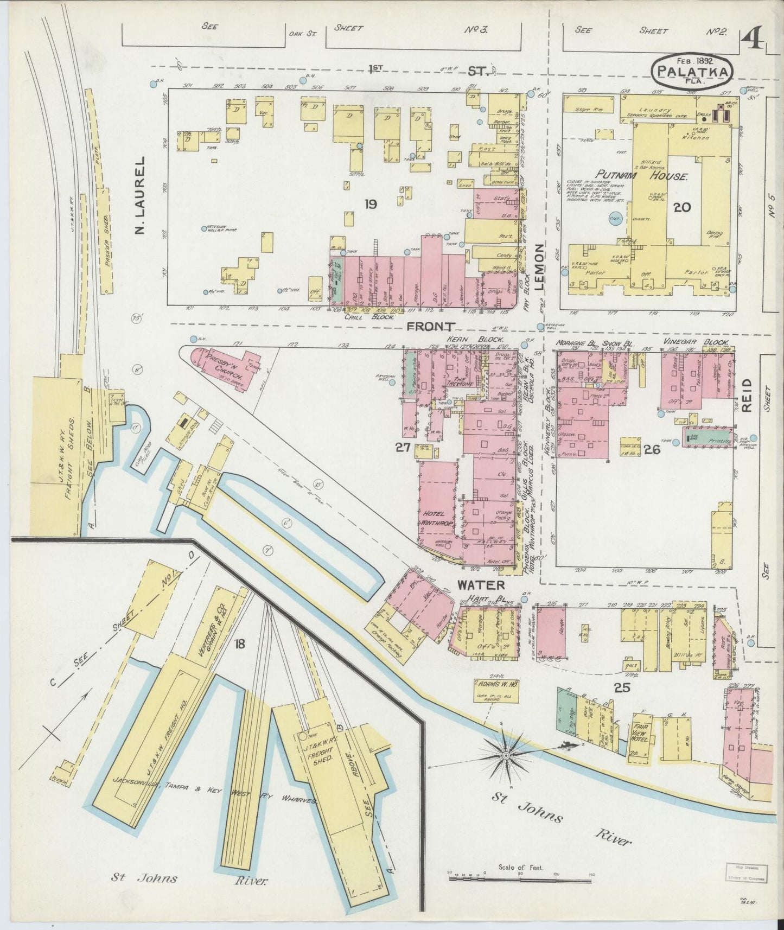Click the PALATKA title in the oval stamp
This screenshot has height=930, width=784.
(x=693, y=71)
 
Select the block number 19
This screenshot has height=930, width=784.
(x=371, y=204)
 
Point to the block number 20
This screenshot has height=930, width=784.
(x=682, y=207)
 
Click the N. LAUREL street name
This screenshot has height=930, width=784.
(x=141, y=196)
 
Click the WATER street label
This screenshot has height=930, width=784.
(x=481, y=585)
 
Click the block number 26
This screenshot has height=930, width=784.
(x=652, y=449)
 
